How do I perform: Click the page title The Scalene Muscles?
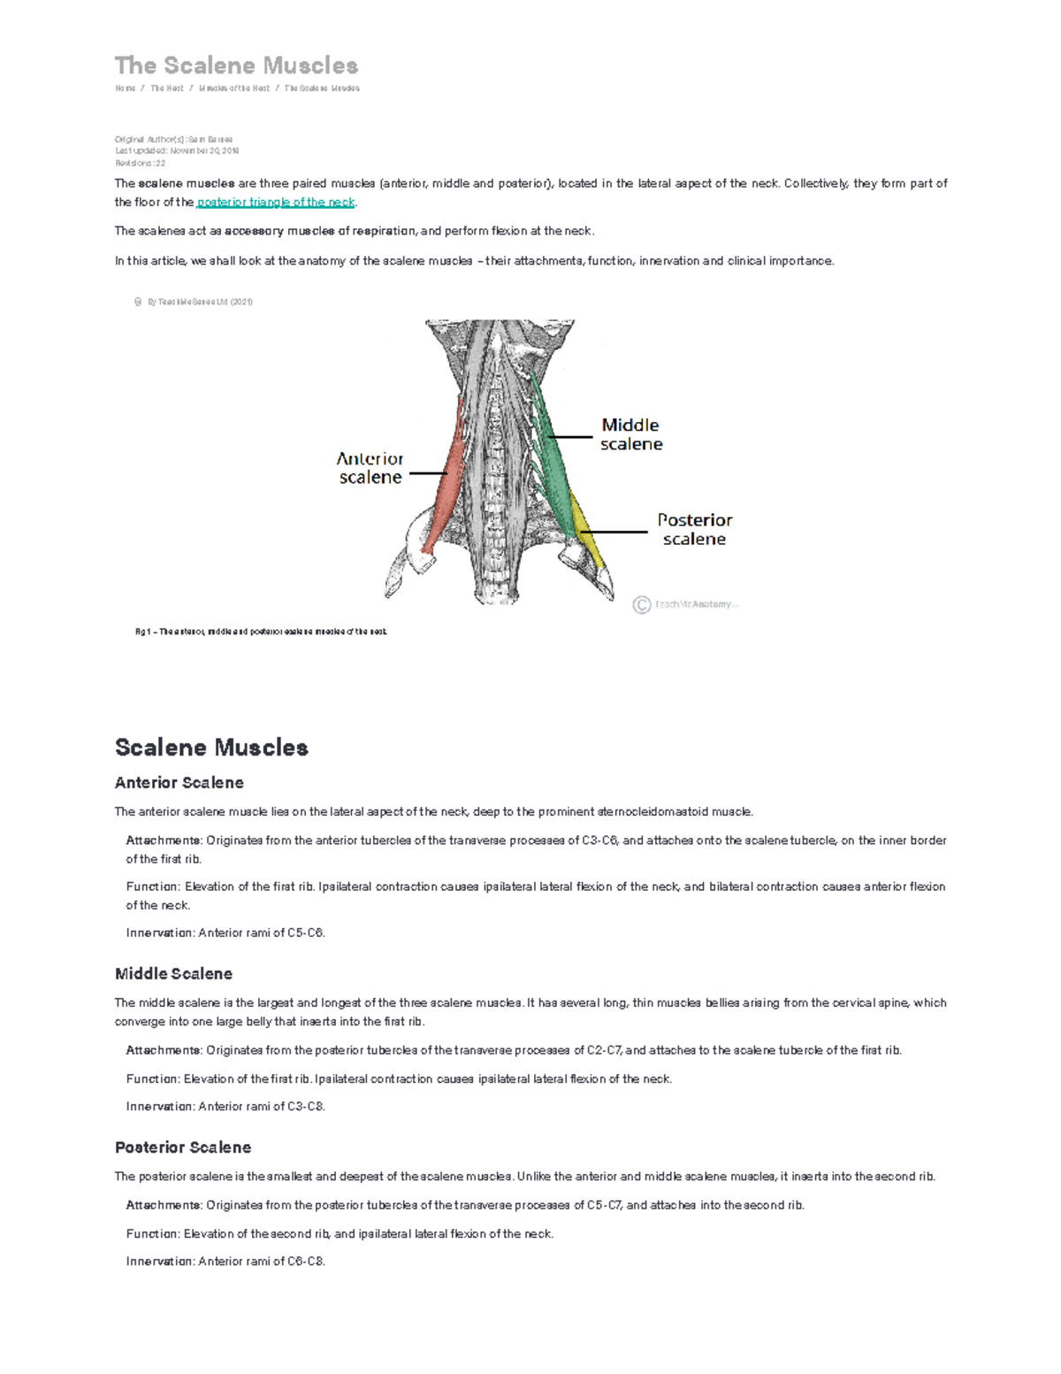[x=236, y=65]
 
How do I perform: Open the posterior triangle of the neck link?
[x=276, y=203]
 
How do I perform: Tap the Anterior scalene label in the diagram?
[x=370, y=468]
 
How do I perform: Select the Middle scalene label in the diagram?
[x=630, y=434]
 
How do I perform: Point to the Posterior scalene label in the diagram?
[x=694, y=529]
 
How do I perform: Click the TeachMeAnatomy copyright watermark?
[x=685, y=605]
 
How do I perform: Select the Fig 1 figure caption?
[x=261, y=632]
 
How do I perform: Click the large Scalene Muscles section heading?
[x=211, y=748]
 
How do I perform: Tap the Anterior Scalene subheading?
[x=179, y=783]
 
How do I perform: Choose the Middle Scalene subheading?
[x=173, y=974]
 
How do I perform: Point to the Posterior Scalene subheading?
[x=183, y=1148]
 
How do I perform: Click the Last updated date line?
[x=177, y=151]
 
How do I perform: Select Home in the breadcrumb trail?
[x=125, y=88]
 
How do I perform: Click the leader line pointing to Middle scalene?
[x=570, y=437]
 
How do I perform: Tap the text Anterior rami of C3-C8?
[x=262, y=1107]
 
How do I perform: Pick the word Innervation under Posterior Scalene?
[x=160, y=1262]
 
